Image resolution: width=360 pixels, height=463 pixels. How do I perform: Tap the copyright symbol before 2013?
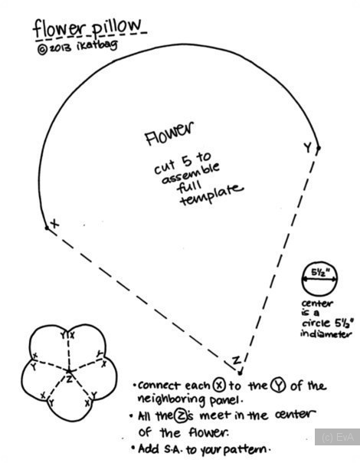point(42,50)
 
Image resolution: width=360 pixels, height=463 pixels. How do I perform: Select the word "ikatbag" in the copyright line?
point(97,47)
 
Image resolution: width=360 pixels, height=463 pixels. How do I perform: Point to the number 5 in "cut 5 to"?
point(187,161)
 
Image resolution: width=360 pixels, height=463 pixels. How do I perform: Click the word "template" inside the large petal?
point(211,195)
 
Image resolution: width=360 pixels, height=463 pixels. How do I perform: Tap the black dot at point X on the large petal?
point(47,228)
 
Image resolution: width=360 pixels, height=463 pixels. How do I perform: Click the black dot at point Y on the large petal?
point(319,148)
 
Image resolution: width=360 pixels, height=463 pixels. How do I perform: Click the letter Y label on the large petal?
point(308,146)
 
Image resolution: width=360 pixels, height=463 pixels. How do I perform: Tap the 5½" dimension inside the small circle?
point(319,273)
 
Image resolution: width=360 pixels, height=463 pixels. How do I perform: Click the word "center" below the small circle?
point(317,304)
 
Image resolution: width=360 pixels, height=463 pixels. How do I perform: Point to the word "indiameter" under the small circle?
point(326,334)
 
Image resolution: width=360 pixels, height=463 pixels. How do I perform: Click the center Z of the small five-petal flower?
point(69,378)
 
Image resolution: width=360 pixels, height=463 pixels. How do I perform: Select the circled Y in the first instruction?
point(279,386)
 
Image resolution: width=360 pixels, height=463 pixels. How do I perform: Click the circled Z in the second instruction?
point(179,415)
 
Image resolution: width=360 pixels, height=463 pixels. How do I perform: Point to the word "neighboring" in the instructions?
point(172,400)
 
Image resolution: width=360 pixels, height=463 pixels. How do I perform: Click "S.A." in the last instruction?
point(174,449)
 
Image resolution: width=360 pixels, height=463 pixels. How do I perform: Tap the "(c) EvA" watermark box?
point(337,437)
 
